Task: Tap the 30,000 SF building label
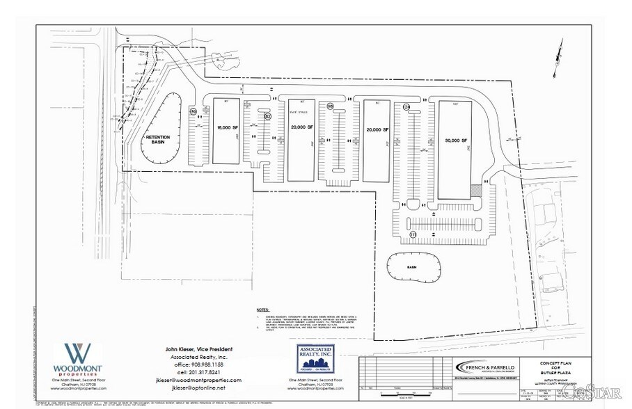[456, 140]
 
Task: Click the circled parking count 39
[194, 111]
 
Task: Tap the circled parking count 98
[331, 106]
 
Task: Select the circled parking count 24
[406, 106]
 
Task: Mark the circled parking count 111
[413, 235]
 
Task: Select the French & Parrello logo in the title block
[478, 367]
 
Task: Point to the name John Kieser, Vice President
[198, 348]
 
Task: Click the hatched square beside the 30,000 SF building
[476, 190]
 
